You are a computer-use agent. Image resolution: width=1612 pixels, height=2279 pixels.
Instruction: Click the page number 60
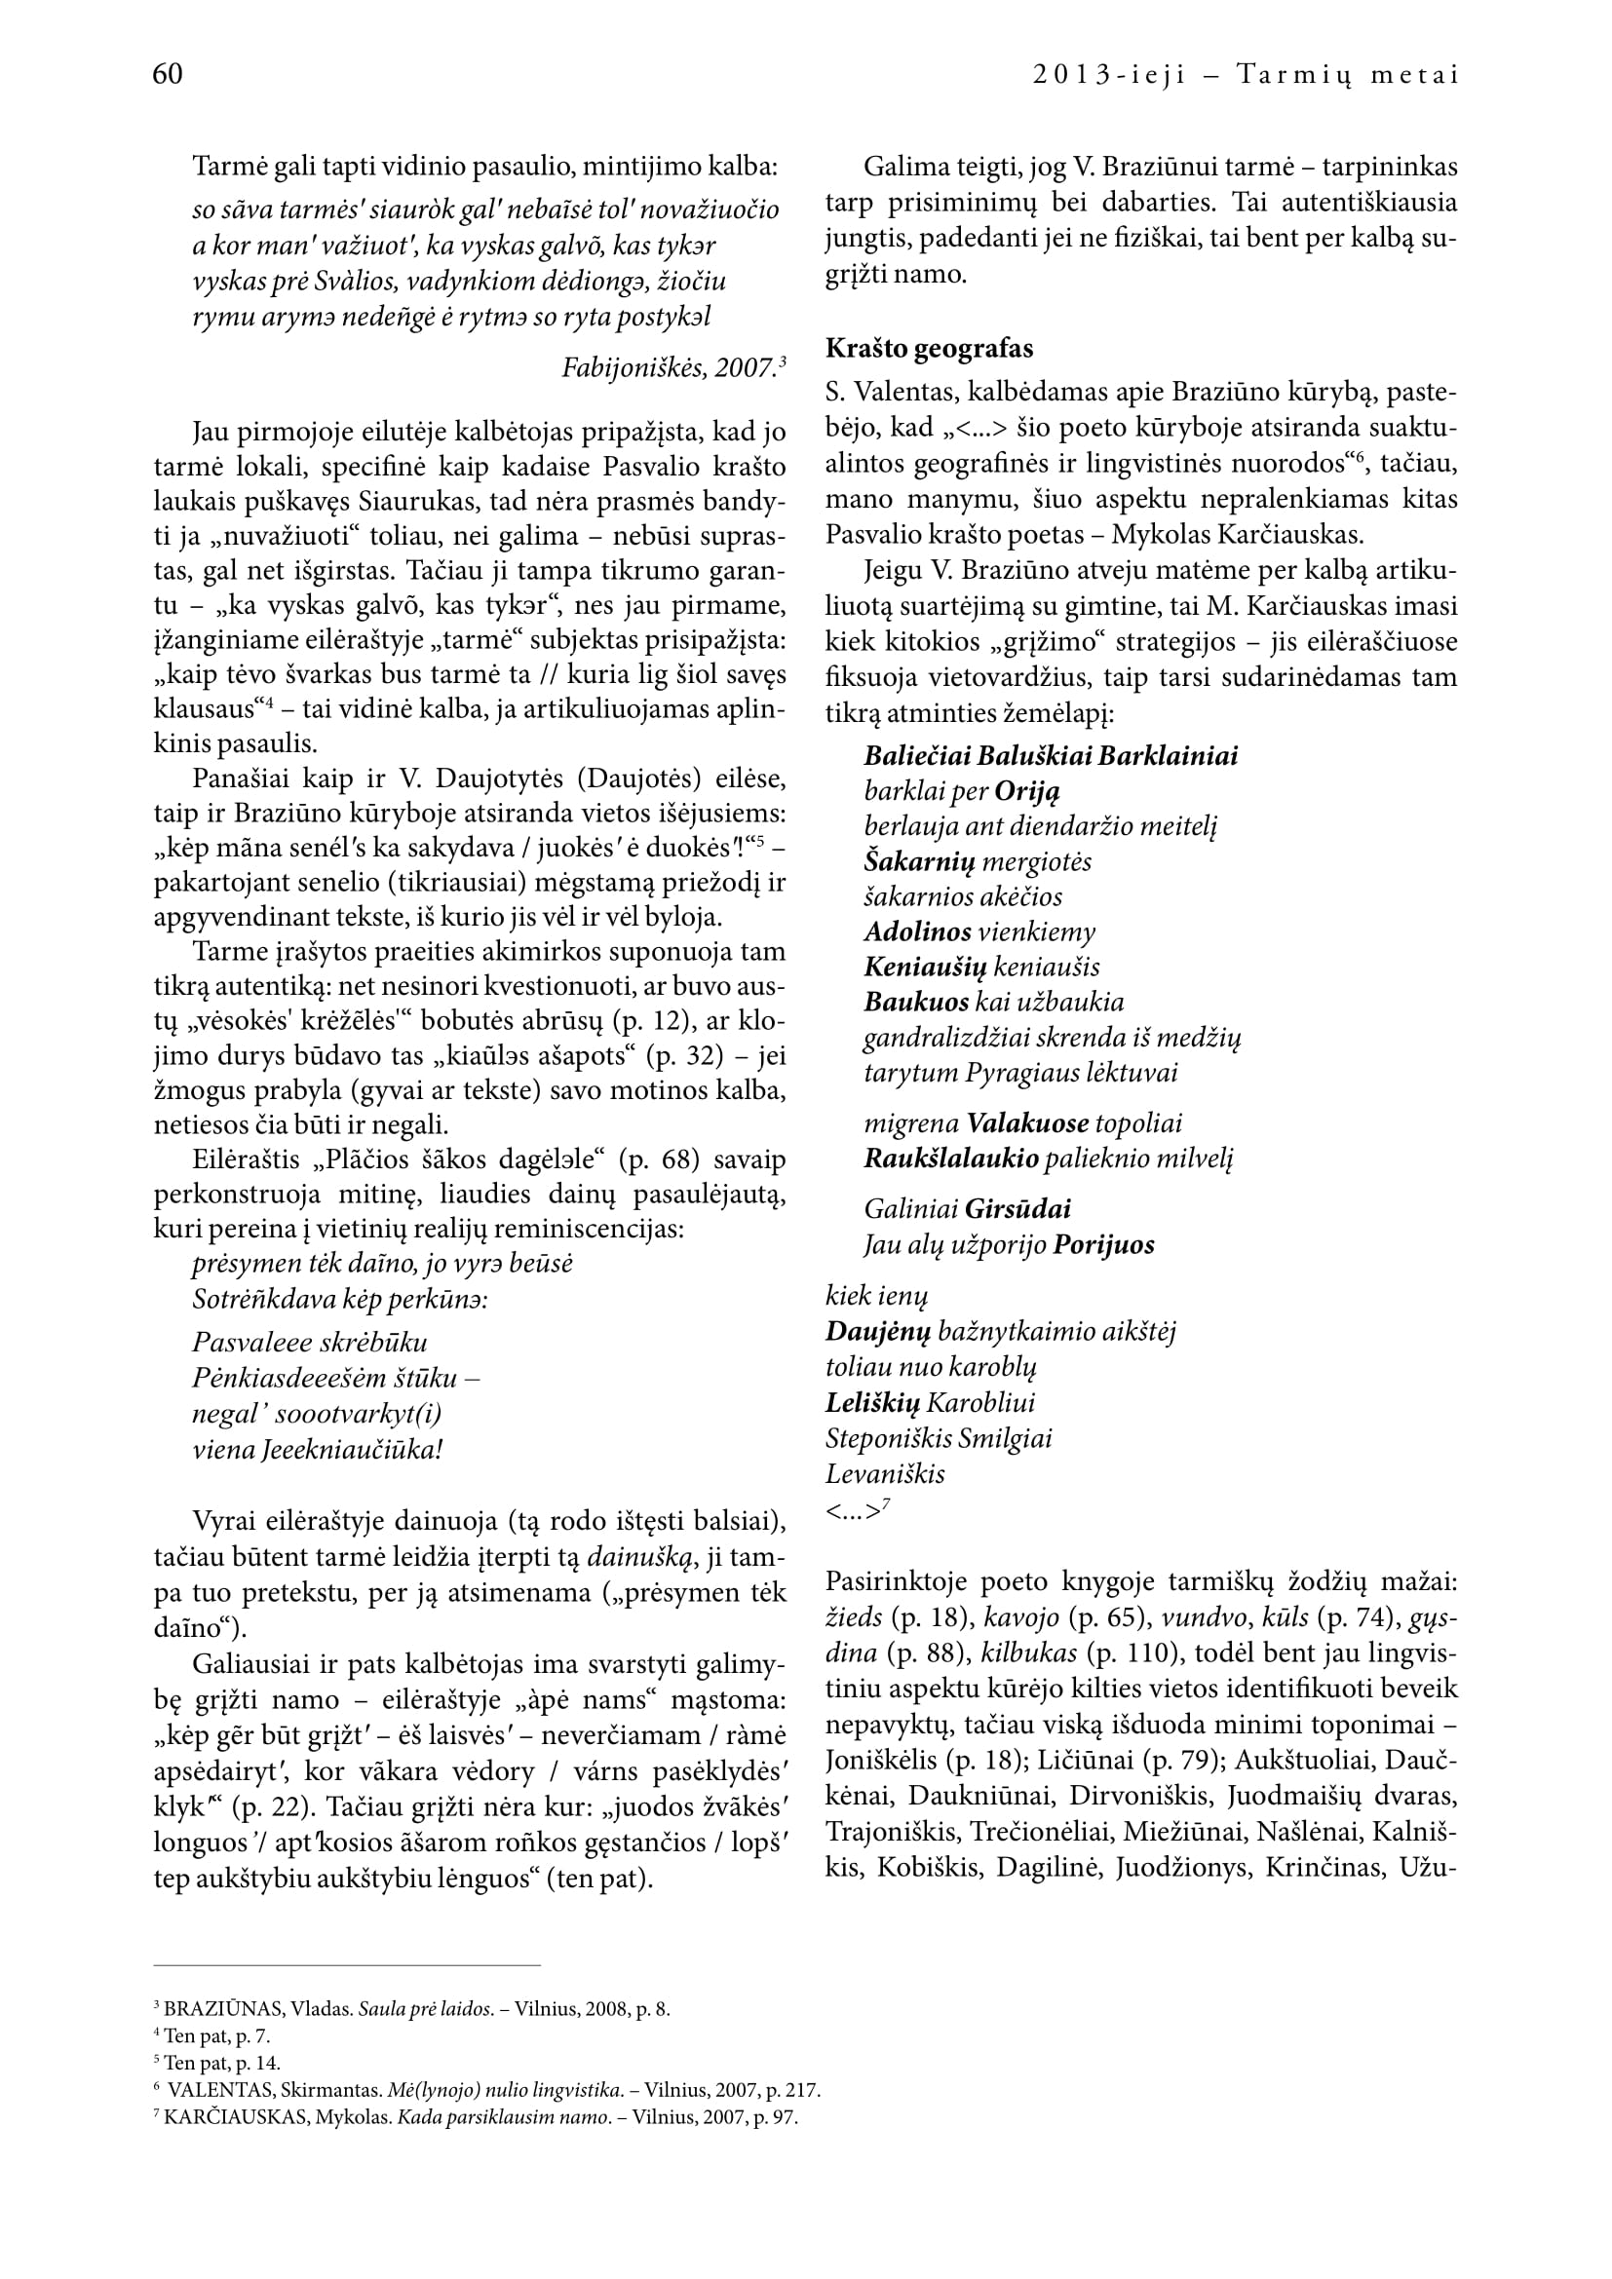click(x=168, y=74)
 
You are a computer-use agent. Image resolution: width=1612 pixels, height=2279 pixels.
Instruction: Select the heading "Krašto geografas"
click(x=929, y=349)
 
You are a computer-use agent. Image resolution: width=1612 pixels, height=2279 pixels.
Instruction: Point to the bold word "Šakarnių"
click(x=920, y=861)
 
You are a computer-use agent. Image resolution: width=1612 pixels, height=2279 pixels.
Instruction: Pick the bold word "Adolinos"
click(x=917, y=932)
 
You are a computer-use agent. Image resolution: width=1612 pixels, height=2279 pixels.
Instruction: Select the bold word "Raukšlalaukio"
click(x=951, y=1158)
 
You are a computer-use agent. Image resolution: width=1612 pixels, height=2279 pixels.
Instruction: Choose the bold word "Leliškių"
click(x=872, y=1402)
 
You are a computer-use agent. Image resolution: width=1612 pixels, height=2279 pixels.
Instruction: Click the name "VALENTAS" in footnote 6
click(x=221, y=2089)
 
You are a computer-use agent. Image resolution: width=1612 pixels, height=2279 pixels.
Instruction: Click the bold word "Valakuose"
click(x=1027, y=1123)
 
